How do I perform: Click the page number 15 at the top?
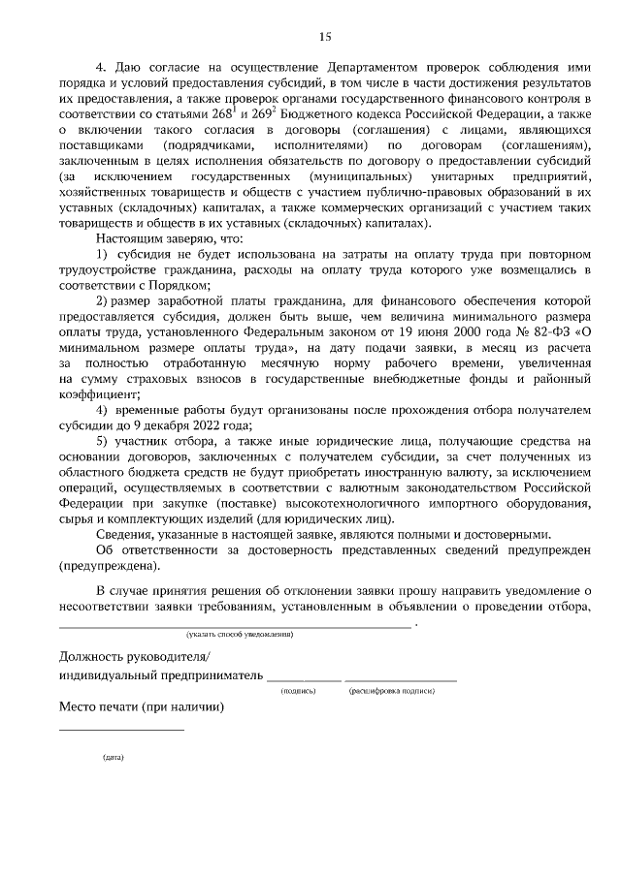[x=325, y=36]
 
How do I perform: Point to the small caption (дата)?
[x=114, y=758]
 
